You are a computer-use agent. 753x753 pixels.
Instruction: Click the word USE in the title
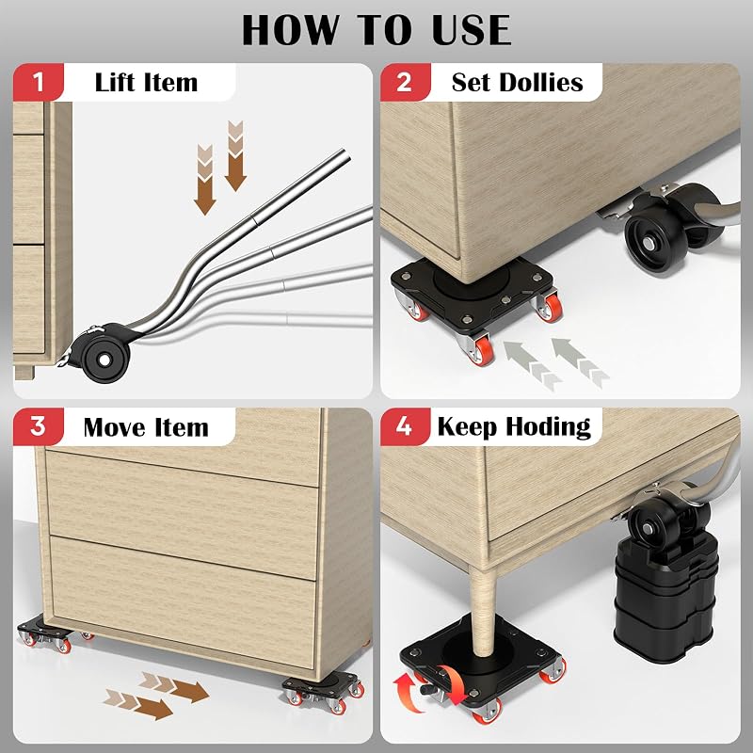click(472, 30)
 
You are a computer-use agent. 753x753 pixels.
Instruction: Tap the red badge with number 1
click(39, 82)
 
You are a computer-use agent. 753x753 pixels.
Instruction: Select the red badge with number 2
click(405, 82)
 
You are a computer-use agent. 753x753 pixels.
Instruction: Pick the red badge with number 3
click(39, 426)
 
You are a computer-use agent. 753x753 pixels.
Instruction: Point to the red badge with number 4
click(405, 426)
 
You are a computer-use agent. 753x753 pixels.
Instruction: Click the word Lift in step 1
click(112, 82)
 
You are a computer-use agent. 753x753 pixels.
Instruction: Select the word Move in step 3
click(113, 427)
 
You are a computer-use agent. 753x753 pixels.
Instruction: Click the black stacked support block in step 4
click(666, 597)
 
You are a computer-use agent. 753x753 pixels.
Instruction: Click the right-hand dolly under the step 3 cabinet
click(323, 693)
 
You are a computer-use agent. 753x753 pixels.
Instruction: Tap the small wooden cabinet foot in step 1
click(24, 372)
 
